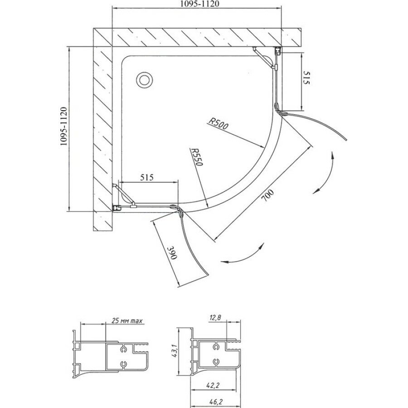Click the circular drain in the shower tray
point(145,80)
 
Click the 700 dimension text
point(268,196)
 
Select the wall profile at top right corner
point(278,51)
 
